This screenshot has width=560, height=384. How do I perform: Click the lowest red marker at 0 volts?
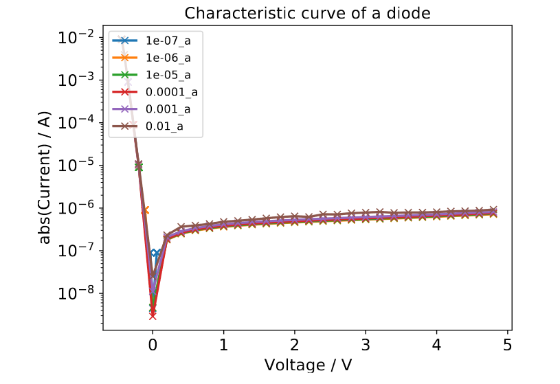pyautogui.click(x=153, y=316)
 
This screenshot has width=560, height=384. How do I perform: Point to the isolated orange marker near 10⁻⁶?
pyautogui.click(x=145, y=210)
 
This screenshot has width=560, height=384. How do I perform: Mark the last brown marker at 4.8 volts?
pyautogui.click(x=493, y=210)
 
